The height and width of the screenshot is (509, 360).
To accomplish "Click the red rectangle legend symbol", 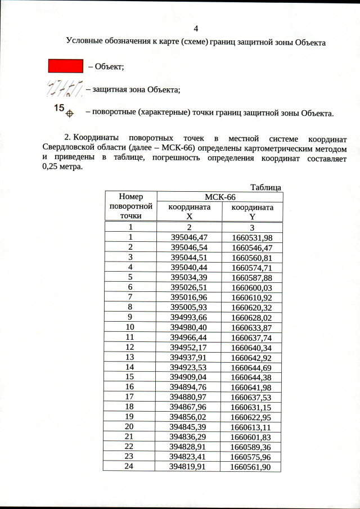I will pyautogui.click(x=65, y=66).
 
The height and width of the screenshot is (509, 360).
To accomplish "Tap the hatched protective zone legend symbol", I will pyautogui.click(x=64, y=89).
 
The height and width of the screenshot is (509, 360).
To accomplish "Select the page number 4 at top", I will pyautogui.click(x=196, y=29).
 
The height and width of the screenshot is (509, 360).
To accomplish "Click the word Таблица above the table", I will pyautogui.click(x=266, y=187).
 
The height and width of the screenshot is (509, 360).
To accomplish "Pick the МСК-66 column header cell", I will pyautogui.click(x=220, y=197).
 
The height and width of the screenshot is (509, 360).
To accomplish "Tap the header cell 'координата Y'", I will pyautogui.click(x=252, y=211).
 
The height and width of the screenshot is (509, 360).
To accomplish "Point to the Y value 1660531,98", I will pyautogui.click(x=252, y=237).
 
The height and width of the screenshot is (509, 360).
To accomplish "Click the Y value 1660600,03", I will pyautogui.click(x=252, y=287).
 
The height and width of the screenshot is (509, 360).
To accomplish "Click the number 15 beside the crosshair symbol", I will pyautogui.click(x=58, y=107).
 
